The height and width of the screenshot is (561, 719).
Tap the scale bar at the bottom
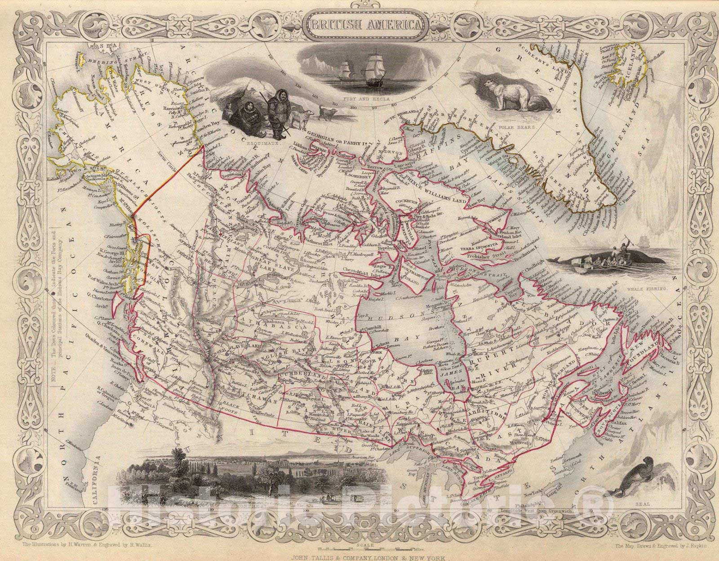coord(359,549)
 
